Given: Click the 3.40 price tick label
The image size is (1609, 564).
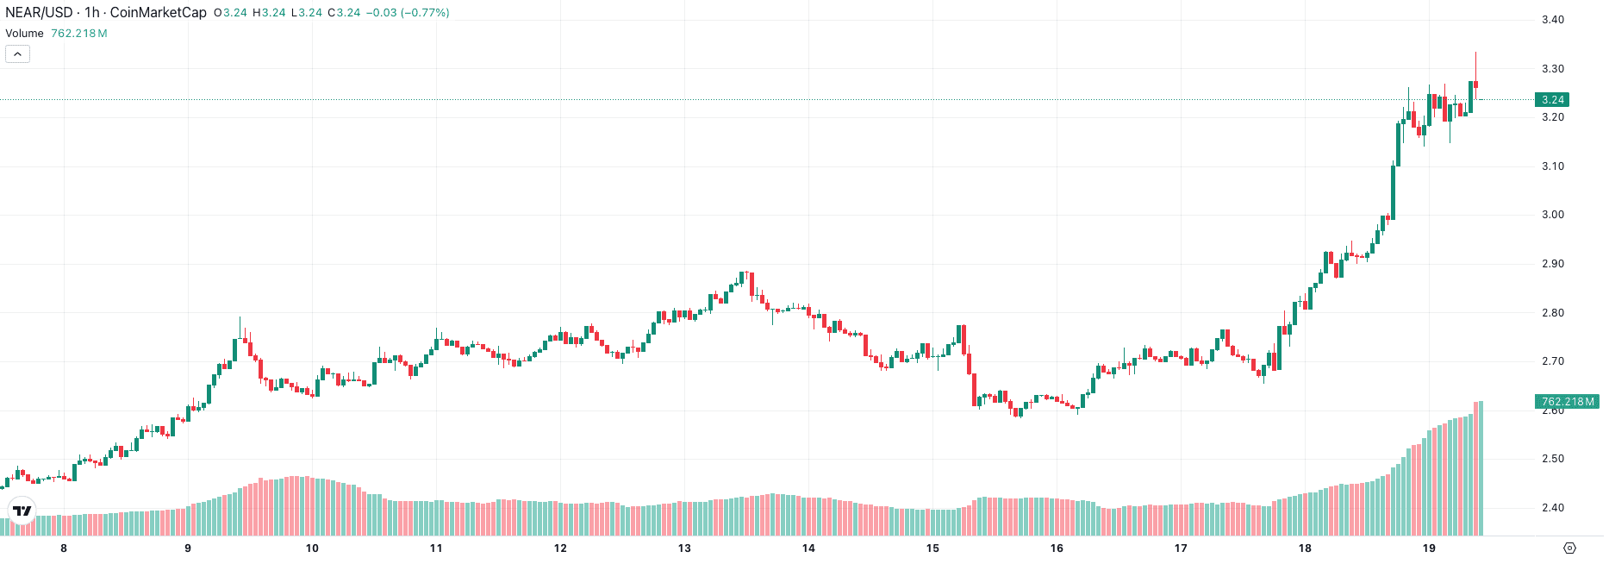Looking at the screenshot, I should click(1552, 20).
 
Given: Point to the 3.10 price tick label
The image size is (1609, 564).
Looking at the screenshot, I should click(1552, 166).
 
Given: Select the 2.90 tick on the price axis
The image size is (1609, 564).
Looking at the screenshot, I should click(1552, 264).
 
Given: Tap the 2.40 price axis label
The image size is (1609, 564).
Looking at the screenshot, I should click(1552, 508).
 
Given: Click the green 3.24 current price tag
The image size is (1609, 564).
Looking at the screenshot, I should click(1552, 100).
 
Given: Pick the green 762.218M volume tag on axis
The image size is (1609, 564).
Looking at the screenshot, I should click(1567, 402).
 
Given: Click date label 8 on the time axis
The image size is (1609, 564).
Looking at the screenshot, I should click(64, 548).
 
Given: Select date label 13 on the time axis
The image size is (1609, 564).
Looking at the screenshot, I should click(684, 548).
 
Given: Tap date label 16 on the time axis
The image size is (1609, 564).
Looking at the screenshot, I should click(1057, 548).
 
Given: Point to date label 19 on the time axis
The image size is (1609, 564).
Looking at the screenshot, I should click(1429, 548).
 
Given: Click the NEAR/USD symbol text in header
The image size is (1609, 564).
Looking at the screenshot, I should click(39, 13).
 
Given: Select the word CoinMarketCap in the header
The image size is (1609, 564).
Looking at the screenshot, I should click(158, 13).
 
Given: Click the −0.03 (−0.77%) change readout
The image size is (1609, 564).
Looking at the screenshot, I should click(408, 13).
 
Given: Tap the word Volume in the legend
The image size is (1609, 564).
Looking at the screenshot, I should click(24, 34).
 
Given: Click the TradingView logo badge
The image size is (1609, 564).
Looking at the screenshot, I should click(22, 511).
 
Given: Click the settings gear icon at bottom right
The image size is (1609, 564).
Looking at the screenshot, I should click(1569, 548).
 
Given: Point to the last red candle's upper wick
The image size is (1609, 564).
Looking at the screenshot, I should click(1475, 65).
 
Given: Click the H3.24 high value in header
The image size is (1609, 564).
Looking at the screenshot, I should click(269, 13).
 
